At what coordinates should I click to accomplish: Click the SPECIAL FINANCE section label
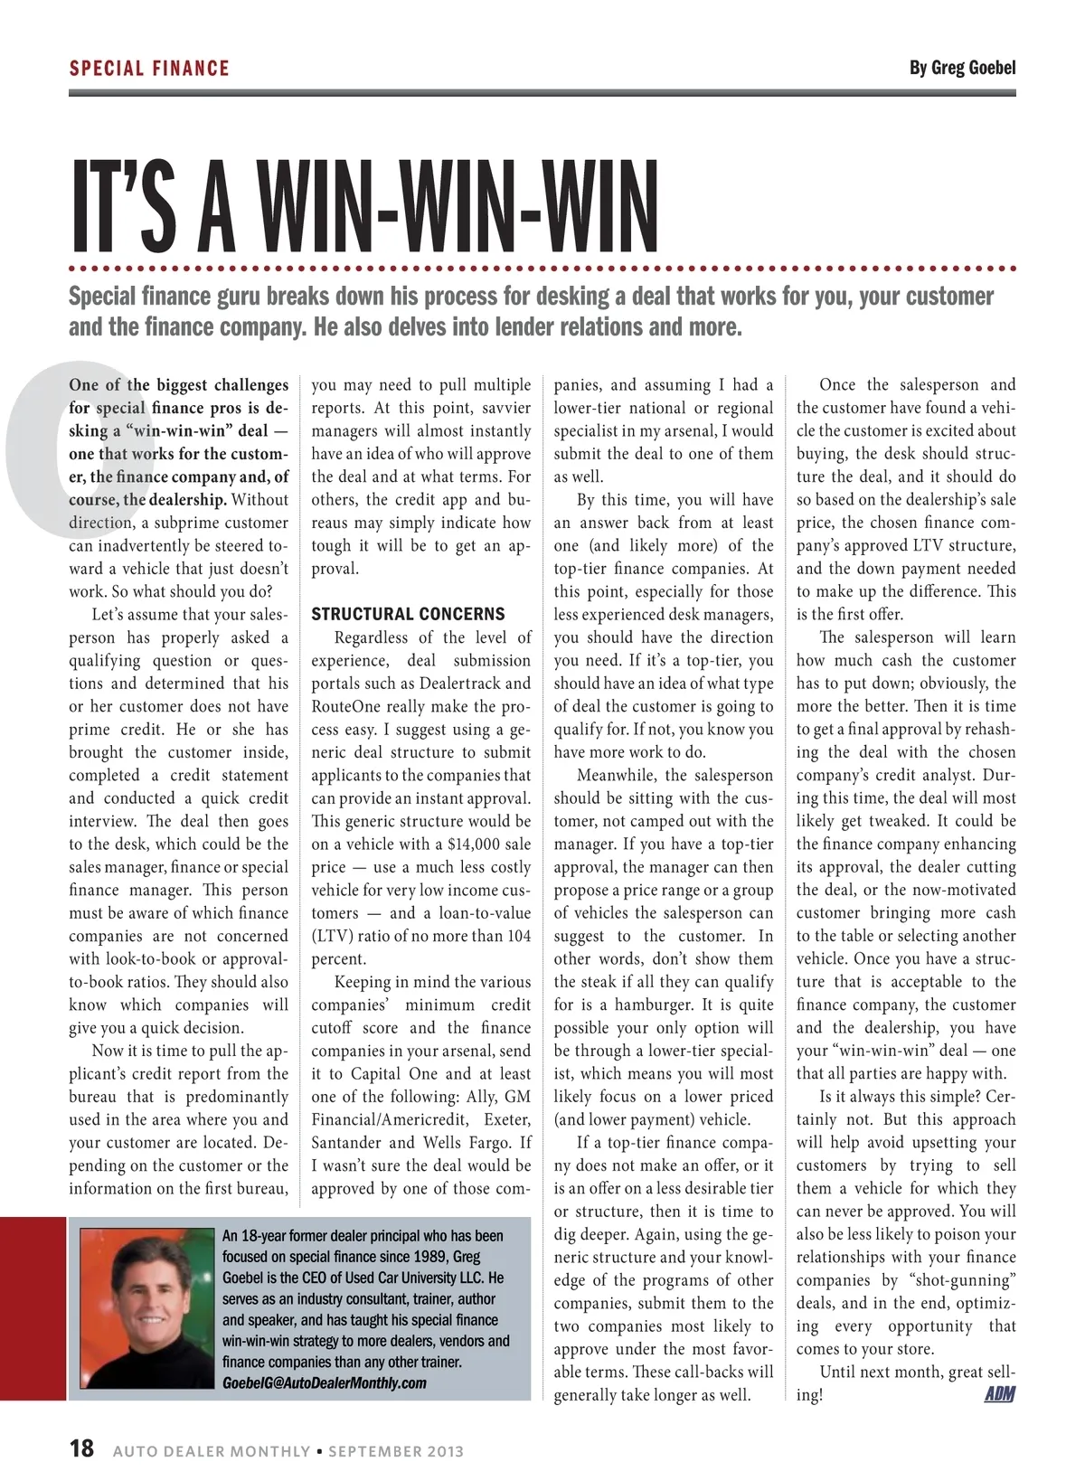(149, 68)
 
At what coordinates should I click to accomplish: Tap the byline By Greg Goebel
(962, 68)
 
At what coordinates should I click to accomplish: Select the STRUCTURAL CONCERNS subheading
(409, 615)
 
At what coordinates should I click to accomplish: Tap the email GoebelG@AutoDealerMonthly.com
(325, 1382)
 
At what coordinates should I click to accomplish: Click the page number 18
(81, 1448)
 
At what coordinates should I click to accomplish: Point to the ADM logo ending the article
(999, 1394)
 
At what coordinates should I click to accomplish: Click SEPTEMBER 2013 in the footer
(395, 1451)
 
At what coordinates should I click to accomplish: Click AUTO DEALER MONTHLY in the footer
(212, 1451)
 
